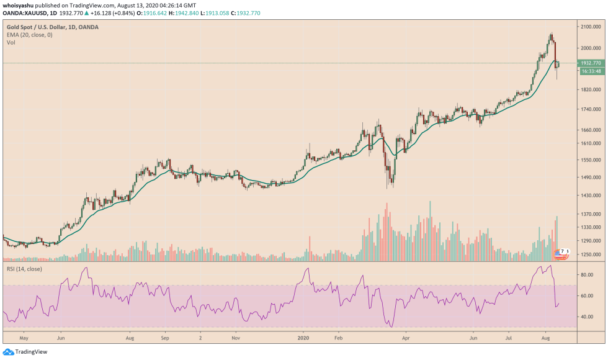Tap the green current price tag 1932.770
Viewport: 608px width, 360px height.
590,63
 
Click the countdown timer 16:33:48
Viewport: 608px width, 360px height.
590,71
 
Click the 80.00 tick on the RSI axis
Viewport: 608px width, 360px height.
586,274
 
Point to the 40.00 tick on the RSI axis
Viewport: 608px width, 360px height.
586,317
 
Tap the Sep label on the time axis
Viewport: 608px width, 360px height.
165,340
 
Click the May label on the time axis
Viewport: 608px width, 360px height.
24,340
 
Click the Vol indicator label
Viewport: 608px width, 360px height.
11,42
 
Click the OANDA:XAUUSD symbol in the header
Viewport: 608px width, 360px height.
24,12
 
